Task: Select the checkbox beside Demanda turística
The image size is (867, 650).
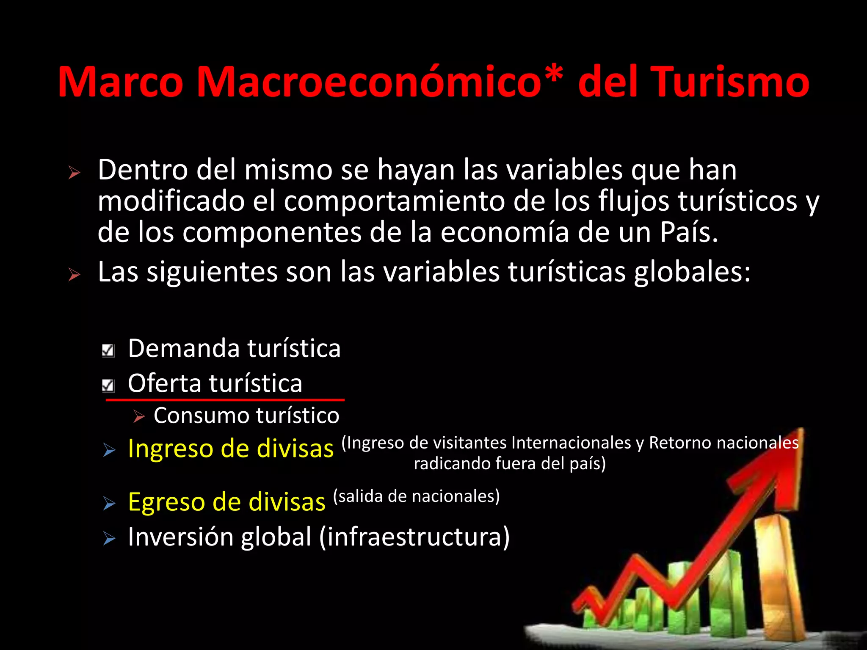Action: click(108, 350)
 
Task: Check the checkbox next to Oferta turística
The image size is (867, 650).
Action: click(108, 386)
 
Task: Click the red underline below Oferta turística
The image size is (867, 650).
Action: click(225, 399)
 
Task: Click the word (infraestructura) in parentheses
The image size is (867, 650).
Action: click(414, 537)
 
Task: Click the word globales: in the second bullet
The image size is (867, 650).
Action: click(692, 272)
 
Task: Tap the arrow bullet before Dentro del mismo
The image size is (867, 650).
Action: click(75, 173)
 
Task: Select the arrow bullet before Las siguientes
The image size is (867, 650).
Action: click(75, 275)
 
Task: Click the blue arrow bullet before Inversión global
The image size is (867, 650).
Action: click(109, 539)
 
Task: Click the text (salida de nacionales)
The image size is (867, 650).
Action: click(417, 496)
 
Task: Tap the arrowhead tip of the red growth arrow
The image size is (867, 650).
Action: click(801, 430)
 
